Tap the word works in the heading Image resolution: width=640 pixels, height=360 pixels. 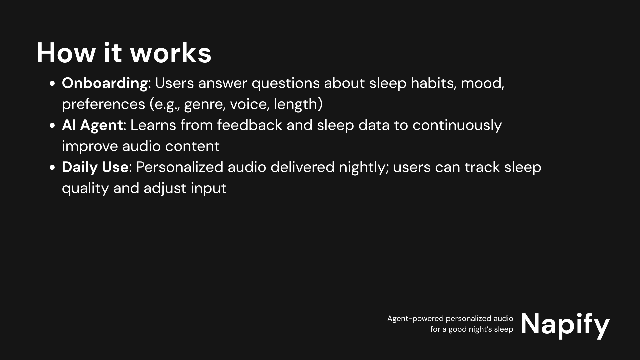(171, 53)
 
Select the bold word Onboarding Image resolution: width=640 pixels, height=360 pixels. (105, 83)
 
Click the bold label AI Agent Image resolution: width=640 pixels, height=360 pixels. (92, 125)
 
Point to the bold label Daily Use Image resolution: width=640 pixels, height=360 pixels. (95, 167)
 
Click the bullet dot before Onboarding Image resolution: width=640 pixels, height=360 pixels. (52, 84)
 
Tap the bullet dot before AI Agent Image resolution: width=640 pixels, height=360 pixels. (52, 126)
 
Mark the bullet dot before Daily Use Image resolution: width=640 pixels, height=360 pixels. (52, 168)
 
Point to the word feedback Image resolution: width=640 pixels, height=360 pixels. (250, 125)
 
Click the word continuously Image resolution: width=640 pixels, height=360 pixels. (457, 126)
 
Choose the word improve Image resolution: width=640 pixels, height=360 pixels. (90, 147)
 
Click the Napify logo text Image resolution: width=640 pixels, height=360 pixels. (565, 325)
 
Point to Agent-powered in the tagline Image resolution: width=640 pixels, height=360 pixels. (415, 319)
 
